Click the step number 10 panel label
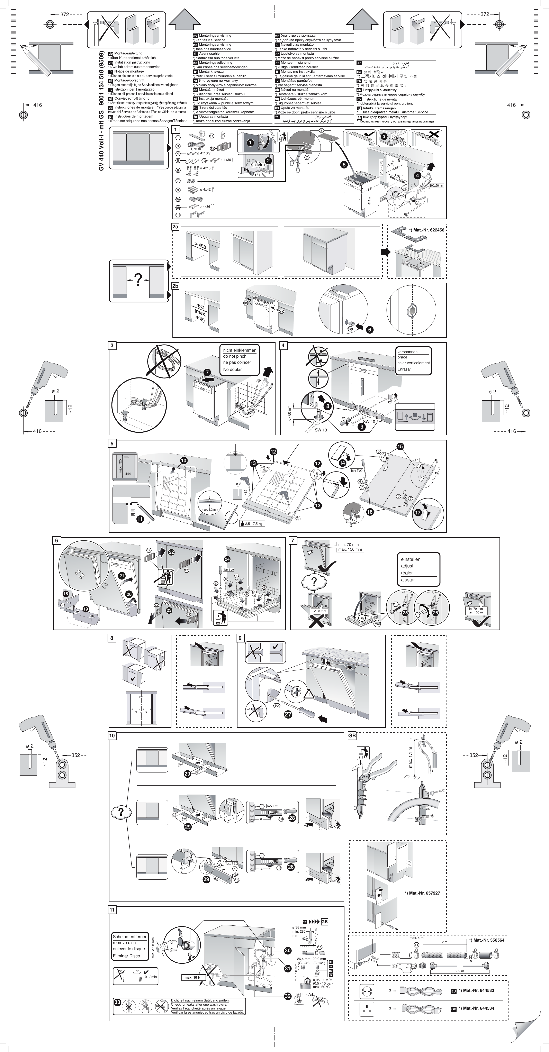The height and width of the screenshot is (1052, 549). click(x=112, y=736)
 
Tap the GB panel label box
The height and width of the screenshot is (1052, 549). click(x=352, y=736)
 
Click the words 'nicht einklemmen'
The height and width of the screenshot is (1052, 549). click(x=239, y=350)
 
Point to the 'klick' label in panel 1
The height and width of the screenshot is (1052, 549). click(x=258, y=165)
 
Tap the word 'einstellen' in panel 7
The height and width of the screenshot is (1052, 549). click(x=411, y=559)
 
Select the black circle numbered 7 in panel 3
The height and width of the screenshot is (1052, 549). click(x=207, y=372)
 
